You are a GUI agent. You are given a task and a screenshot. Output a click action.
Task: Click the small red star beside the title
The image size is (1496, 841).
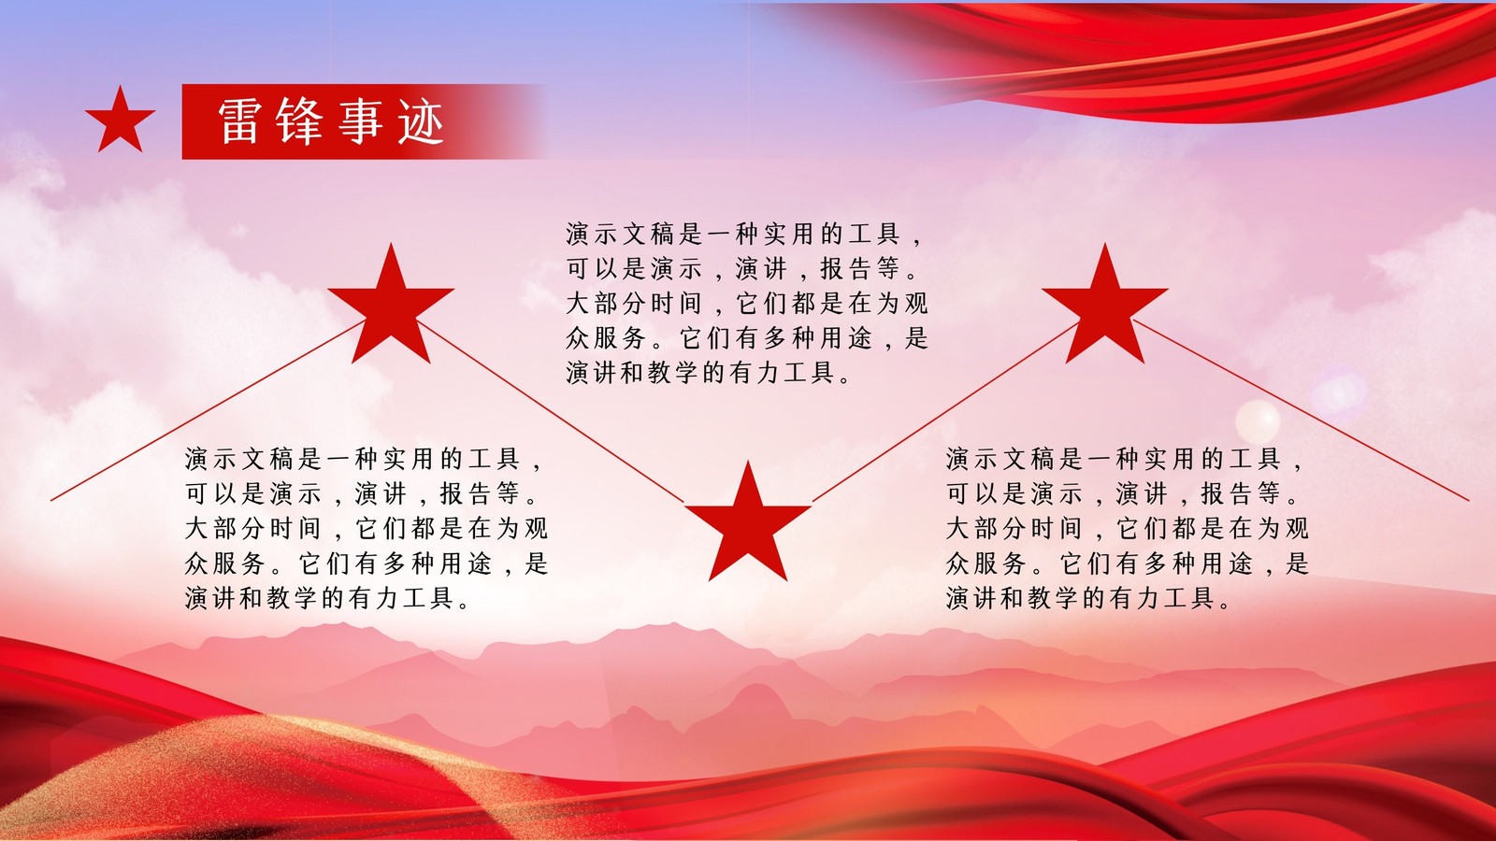pyautogui.click(x=121, y=121)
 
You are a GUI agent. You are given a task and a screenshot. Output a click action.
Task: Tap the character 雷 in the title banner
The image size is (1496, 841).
pyautogui.click(x=239, y=121)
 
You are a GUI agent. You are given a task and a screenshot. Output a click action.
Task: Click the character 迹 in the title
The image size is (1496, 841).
pyautogui.click(x=421, y=121)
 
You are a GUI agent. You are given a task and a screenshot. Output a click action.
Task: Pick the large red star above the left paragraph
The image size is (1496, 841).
pyautogui.click(x=391, y=307)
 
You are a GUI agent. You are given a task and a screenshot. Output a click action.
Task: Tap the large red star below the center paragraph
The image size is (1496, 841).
pyautogui.click(x=748, y=524)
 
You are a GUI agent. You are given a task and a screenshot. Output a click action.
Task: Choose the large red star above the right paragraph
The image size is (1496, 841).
pyautogui.click(x=1104, y=307)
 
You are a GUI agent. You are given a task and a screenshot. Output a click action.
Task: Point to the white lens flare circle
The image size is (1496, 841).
pyautogui.click(x=1258, y=421)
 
